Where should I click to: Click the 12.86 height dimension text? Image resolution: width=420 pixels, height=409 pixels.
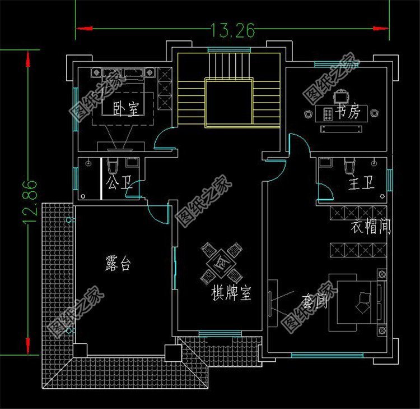(x=30, y=203)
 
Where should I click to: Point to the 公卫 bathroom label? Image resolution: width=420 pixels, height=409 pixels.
(x=116, y=183)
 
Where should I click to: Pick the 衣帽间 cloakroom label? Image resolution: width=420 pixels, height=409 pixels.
(x=370, y=227)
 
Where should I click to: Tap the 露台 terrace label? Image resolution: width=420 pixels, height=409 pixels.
(x=118, y=264)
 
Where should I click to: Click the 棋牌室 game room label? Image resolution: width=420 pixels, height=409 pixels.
(x=230, y=293)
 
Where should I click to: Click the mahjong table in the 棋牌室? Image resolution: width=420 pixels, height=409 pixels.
(x=221, y=261)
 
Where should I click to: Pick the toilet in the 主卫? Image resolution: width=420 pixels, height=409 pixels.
(x=349, y=167)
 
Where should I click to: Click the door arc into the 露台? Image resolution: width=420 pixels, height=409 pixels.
(x=158, y=212)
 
